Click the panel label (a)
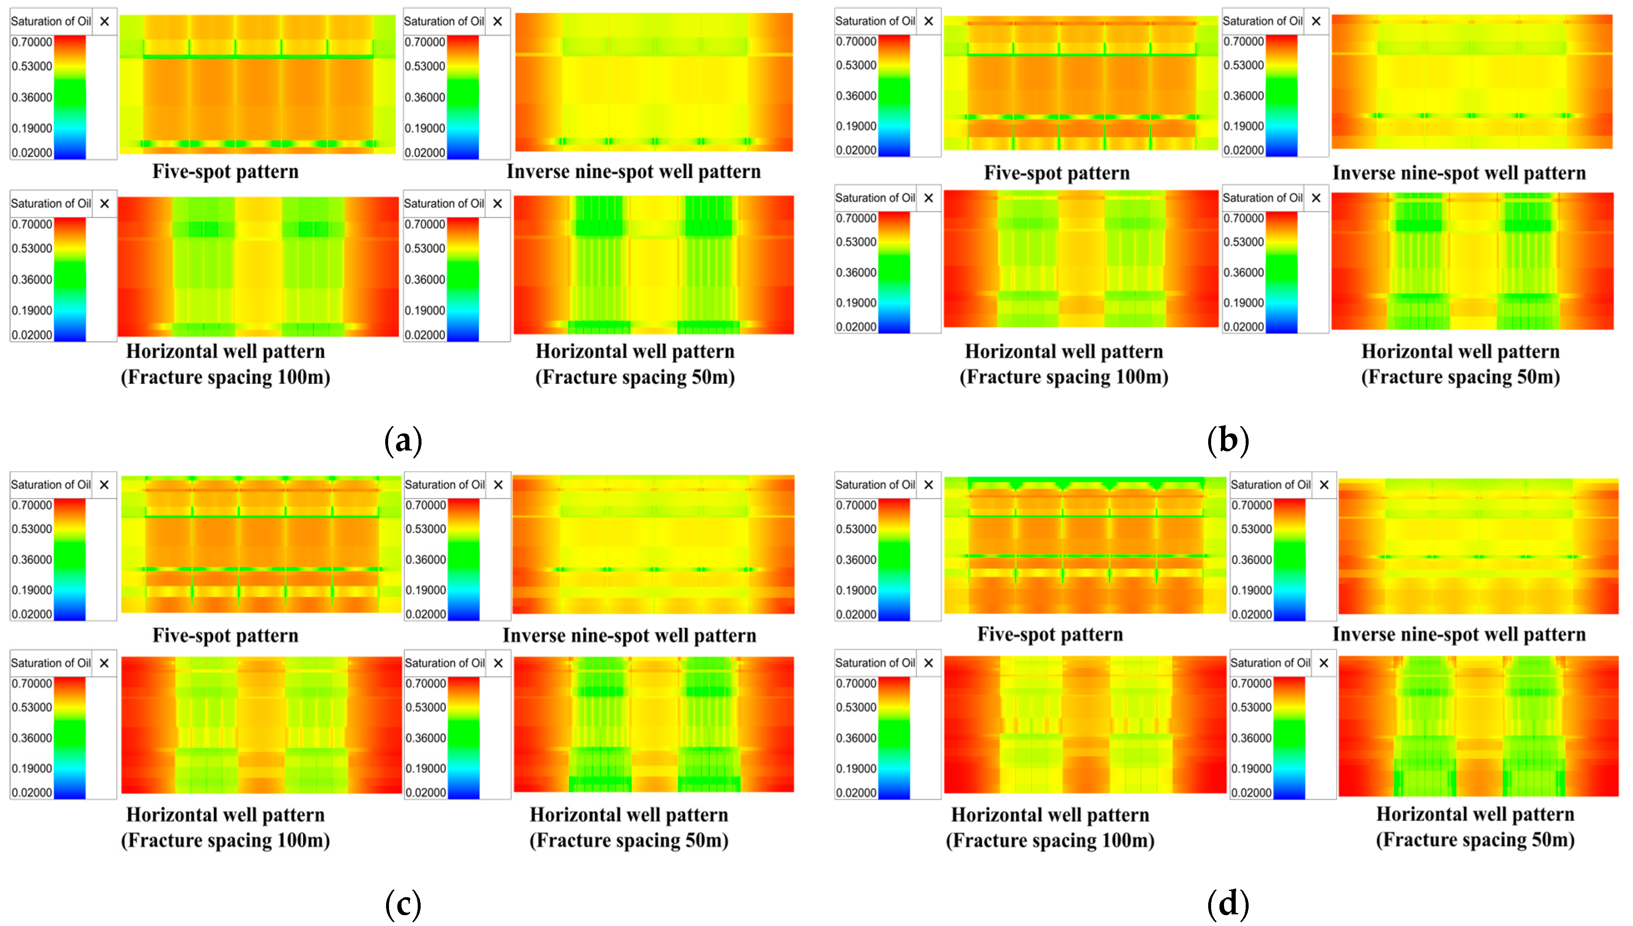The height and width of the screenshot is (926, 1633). click(x=403, y=440)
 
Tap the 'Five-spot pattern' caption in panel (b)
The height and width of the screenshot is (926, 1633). click(x=1057, y=173)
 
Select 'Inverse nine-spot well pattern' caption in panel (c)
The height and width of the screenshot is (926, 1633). click(x=629, y=636)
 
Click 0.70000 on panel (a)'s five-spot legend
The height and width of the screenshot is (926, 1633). click(x=32, y=43)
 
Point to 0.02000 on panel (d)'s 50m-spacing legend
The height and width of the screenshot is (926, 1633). click(x=1251, y=793)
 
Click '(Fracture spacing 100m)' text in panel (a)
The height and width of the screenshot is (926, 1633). click(x=225, y=377)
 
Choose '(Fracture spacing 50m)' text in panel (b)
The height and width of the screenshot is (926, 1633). click(x=1460, y=377)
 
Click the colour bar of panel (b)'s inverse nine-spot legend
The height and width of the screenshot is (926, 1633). click(x=1281, y=95)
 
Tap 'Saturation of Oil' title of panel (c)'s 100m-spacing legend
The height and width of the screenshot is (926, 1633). click(x=51, y=663)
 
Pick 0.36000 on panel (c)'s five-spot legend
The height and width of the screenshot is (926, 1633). click(x=32, y=560)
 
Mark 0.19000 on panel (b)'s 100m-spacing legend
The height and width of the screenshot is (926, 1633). click(x=855, y=303)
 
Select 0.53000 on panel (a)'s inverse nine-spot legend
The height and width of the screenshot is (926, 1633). click(x=425, y=66)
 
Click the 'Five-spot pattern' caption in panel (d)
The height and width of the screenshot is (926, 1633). click(x=1050, y=634)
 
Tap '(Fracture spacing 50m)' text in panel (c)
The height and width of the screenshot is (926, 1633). click(x=629, y=840)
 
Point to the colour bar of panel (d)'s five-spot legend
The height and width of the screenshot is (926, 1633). click(x=894, y=560)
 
